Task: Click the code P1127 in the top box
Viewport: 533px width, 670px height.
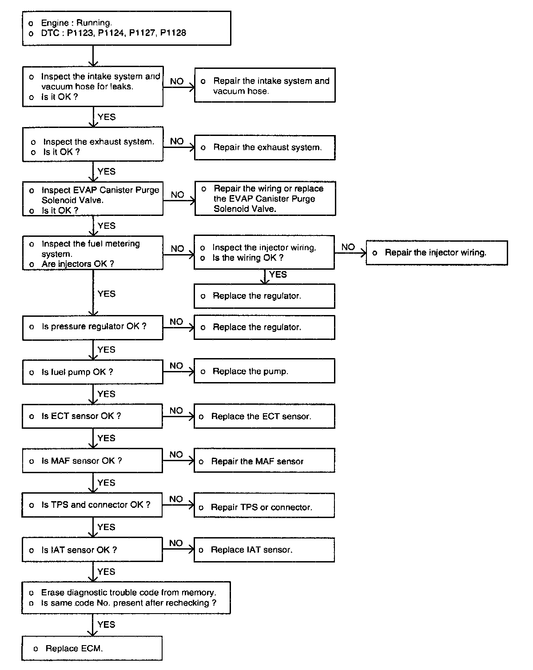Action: click(x=142, y=33)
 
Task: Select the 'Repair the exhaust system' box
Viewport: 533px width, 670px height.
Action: click(x=265, y=148)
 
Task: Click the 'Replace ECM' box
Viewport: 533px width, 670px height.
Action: click(x=92, y=649)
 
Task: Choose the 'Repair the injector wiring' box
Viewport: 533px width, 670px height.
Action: click(x=437, y=253)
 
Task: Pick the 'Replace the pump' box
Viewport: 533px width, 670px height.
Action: click(x=264, y=371)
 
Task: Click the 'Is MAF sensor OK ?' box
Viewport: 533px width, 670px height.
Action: click(x=92, y=461)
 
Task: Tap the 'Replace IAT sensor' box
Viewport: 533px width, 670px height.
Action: click(x=264, y=550)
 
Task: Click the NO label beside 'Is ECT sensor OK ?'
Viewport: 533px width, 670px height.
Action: click(x=176, y=411)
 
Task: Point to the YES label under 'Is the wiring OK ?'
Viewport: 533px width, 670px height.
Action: click(x=278, y=275)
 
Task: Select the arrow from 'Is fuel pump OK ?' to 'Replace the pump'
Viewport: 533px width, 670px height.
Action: click(x=179, y=371)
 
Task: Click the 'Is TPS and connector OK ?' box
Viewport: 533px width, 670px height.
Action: click(x=92, y=505)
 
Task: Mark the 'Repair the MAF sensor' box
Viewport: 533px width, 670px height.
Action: click(x=264, y=461)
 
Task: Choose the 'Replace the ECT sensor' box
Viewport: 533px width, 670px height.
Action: click(x=264, y=416)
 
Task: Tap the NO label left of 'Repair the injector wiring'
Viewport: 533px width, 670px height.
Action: click(x=348, y=247)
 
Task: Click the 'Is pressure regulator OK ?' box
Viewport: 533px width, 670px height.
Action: click(x=92, y=327)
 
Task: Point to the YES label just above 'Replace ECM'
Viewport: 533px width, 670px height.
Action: click(x=106, y=624)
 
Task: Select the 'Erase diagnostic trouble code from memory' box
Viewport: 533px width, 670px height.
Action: click(x=126, y=598)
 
